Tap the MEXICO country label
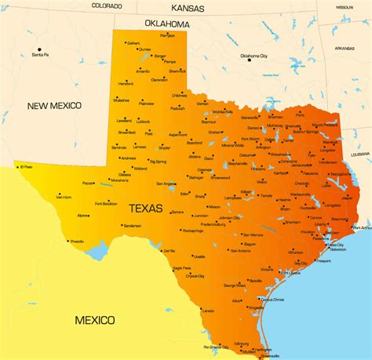[95, 319]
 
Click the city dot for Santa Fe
[35, 49]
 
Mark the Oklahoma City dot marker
[250, 61]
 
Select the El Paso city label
[26, 166]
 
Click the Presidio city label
[77, 242]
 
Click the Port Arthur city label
[362, 228]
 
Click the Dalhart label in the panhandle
[133, 43]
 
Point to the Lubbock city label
[143, 122]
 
